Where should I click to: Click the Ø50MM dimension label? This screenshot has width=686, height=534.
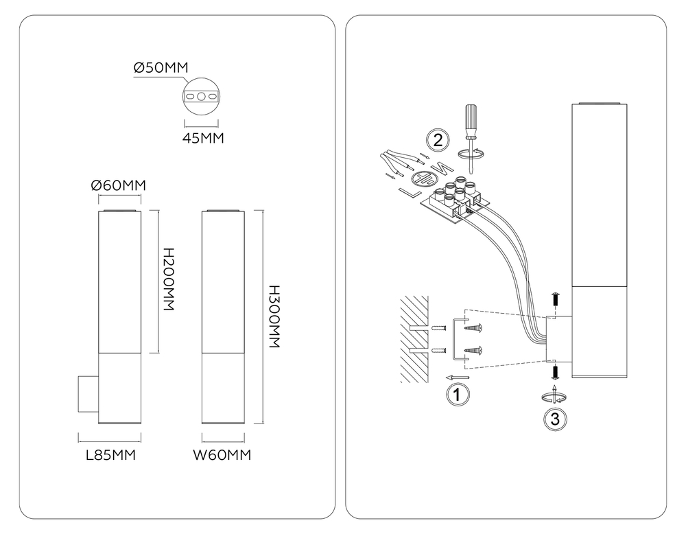(x=161, y=68)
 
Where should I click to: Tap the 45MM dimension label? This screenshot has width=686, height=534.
(x=203, y=138)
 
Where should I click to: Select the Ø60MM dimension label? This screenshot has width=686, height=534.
(x=118, y=185)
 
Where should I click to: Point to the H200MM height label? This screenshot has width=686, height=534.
(x=169, y=279)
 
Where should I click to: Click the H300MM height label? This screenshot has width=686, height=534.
(x=274, y=316)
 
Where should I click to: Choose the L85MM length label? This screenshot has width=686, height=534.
(x=110, y=455)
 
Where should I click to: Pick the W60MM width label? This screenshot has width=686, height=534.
(x=222, y=455)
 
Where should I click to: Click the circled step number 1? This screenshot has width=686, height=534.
(x=457, y=395)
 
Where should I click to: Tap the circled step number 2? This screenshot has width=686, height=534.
(x=438, y=140)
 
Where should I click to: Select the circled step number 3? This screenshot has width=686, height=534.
(x=555, y=419)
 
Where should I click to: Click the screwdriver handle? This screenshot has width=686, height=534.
(x=471, y=120)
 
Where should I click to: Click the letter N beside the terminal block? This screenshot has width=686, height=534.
(x=440, y=167)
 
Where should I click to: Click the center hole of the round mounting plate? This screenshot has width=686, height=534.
(x=201, y=97)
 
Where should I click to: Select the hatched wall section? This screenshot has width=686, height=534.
(x=414, y=339)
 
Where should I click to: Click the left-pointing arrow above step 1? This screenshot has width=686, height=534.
(x=457, y=377)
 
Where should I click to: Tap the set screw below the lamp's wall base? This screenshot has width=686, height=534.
(x=556, y=372)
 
